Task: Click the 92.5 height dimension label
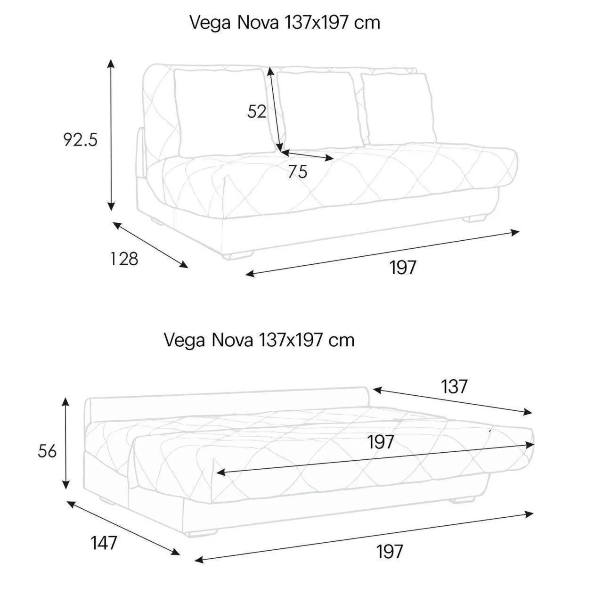[x=81, y=139]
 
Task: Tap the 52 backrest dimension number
[x=257, y=111]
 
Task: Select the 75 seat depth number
[x=298, y=171]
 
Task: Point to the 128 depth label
[x=124, y=259]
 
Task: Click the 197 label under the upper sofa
[x=403, y=267]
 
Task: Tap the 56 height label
[x=47, y=451]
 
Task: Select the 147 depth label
[x=104, y=543]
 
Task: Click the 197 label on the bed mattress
[x=380, y=442]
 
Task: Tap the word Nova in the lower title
[x=232, y=340]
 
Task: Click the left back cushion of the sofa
[x=223, y=112]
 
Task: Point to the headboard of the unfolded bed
[x=228, y=405]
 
